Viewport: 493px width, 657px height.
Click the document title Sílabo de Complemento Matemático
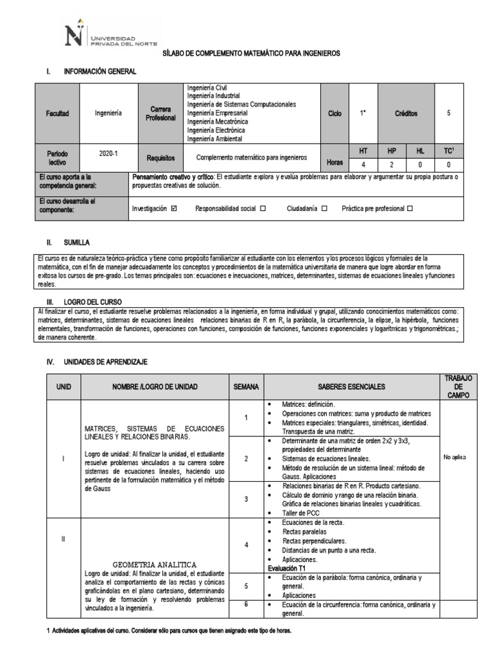click(251, 53)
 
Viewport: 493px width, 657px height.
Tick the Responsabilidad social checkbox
click(263, 209)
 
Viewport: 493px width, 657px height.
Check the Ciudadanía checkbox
click(324, 209)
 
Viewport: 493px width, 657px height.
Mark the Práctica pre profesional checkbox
click(410, 209)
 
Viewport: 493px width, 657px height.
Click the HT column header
click(363, 150)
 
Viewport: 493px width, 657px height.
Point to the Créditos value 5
click(448, 113)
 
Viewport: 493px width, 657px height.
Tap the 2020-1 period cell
click(108, 154)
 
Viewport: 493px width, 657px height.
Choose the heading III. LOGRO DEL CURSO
click(93, 301)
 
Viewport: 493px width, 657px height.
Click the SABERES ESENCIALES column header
click(350, 387)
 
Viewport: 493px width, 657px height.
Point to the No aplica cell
click(455, 457)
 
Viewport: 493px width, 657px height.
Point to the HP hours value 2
click(392, 164)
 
